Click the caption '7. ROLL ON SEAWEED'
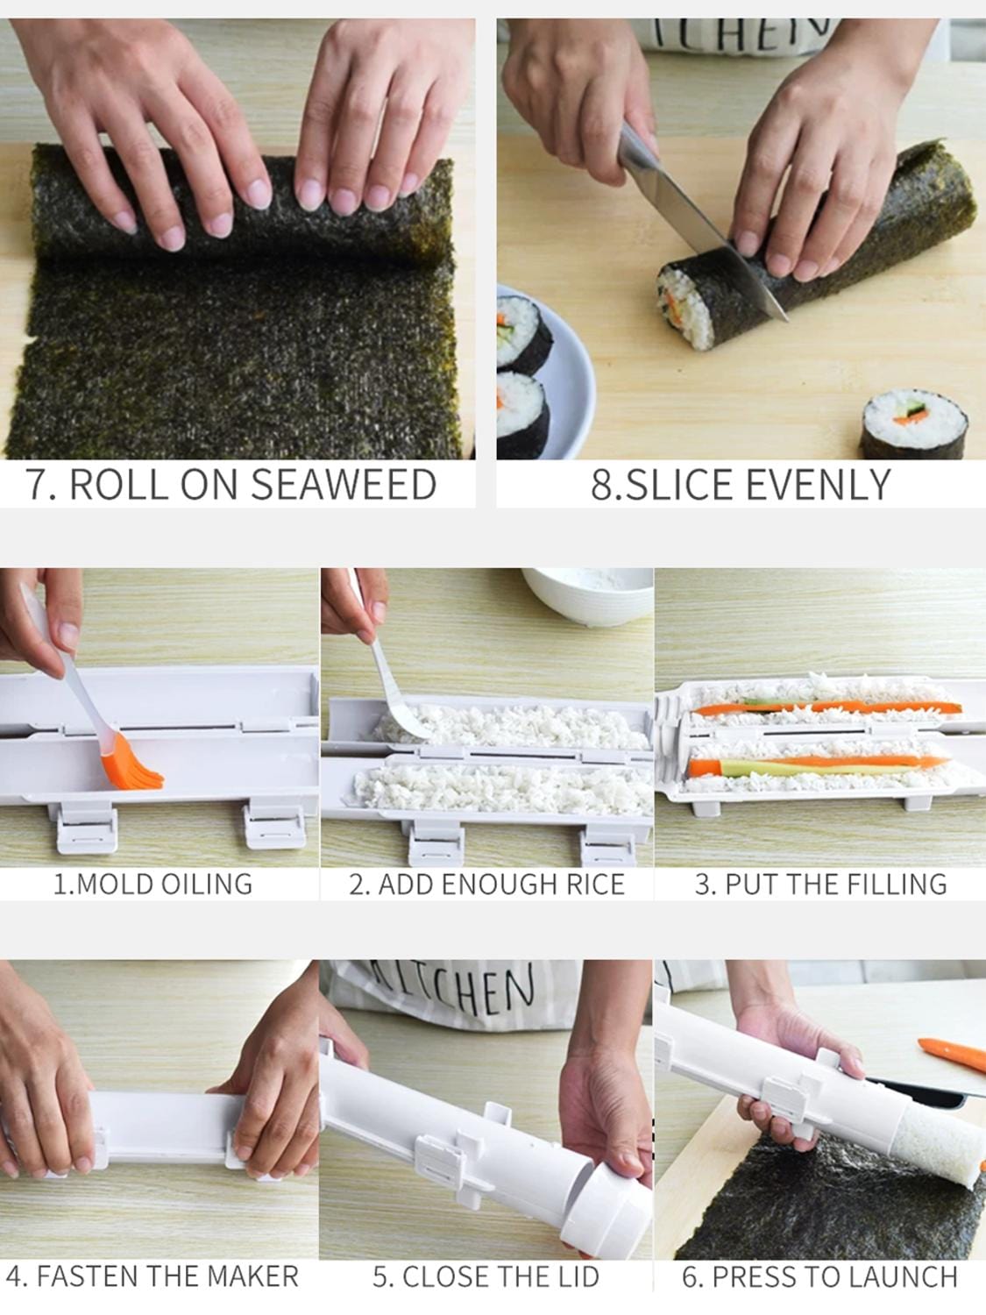[231, 484]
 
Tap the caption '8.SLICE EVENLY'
[741, 484]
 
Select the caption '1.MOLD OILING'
[153, 883]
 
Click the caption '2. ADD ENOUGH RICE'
[486, 884]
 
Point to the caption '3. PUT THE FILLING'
[820, 884]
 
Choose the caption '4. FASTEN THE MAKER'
[153, 1276]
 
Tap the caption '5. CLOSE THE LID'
[486, 1276]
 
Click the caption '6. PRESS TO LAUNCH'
[819, 1276]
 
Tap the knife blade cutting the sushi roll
[692, 219]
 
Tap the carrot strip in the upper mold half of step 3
[824, 706]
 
